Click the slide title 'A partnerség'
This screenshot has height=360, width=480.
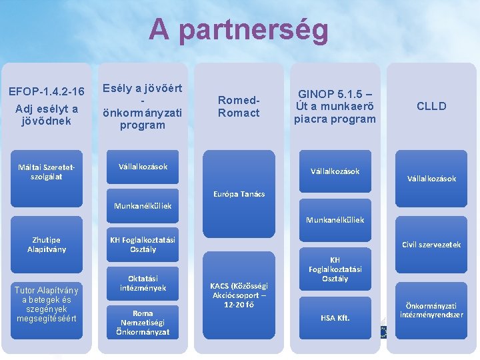[239, 30]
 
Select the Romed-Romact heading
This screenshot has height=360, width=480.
[238, 106]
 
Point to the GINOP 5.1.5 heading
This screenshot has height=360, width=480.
[335, 106]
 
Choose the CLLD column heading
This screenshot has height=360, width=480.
[431, 106]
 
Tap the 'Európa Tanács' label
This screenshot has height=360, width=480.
[239, 194]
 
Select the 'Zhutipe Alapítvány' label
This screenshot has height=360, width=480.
[45, 245]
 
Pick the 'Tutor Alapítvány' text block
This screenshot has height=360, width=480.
[47, 304]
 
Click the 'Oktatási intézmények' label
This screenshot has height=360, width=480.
[143, 283]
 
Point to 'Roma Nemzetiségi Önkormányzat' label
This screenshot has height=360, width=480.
[143, 322]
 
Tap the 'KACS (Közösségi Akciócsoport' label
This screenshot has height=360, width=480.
[238, 294]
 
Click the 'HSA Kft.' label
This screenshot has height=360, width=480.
[335, 317]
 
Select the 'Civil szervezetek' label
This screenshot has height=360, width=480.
[431, 245]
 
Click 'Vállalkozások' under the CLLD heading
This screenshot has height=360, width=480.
[431, 179]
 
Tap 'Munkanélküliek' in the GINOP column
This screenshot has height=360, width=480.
[335, 219]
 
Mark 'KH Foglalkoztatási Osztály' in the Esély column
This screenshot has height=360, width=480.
[143, 245]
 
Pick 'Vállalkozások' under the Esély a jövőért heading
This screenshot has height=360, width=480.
[143, 167]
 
